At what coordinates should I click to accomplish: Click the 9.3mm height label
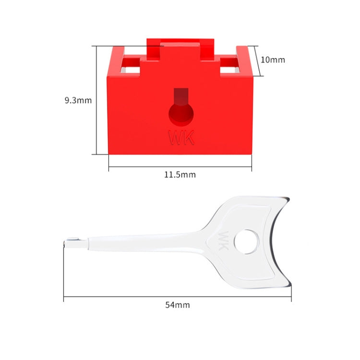pyautogui.click(x=78, y=100)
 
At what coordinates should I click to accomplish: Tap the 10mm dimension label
pyautogui.click(x=273, y=60)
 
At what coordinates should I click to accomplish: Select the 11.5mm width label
pyautogui.click(x=180, y=174)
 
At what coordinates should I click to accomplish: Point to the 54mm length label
pyautogui.click(x=177, y=304)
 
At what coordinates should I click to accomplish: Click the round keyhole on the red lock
pyautogui.click(x=181, y=115)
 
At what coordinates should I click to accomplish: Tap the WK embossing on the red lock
pyautogui.click(x=181, y=138)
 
